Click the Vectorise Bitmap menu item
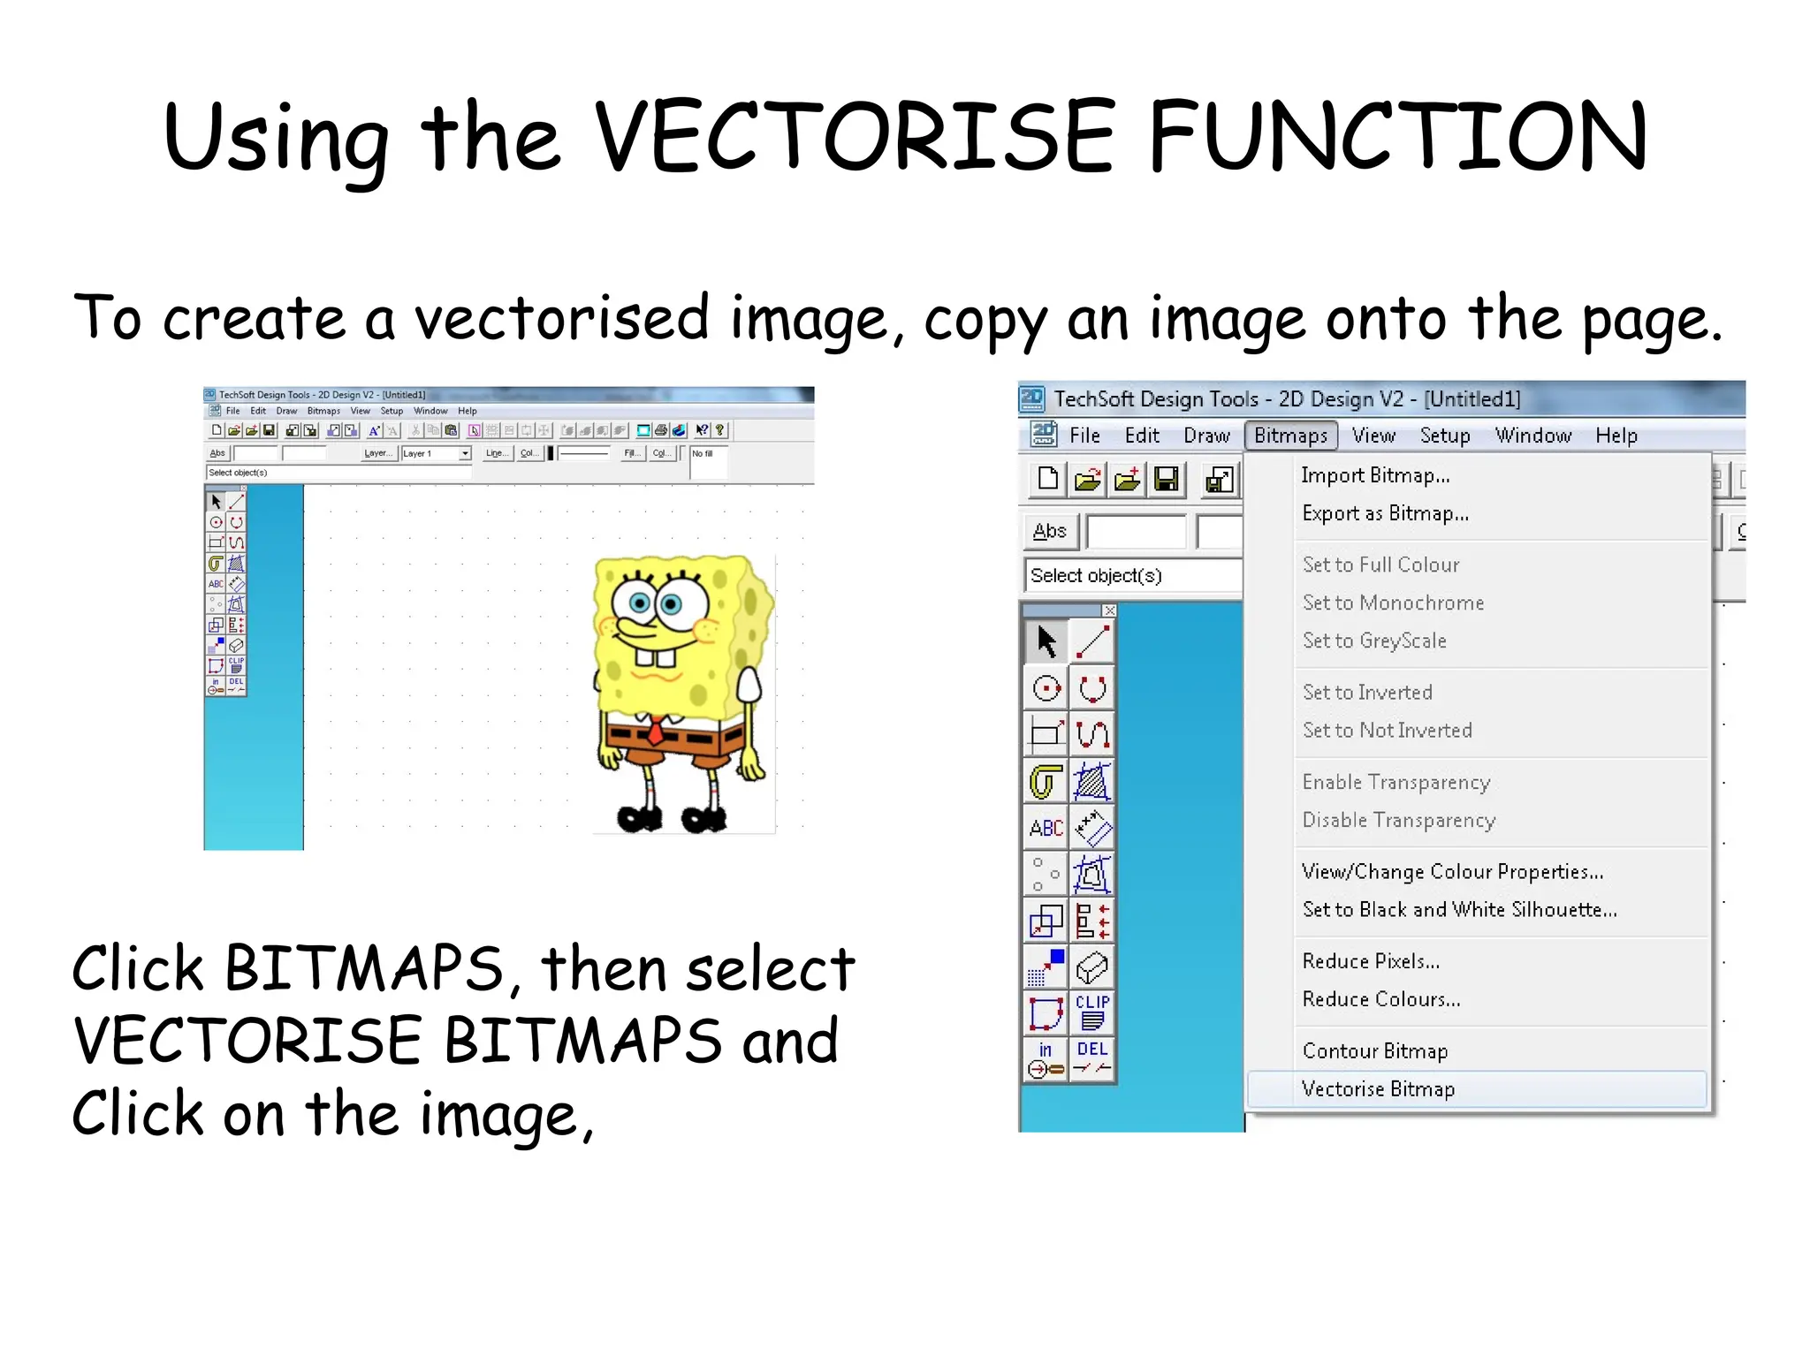coord(1379,1089)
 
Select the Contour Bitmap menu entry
coord(1375,1051)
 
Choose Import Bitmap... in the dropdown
coord(1375,476)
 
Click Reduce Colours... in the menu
coord(1381,999)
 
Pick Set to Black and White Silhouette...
coord(1459,910)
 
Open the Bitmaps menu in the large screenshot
coord(1290,436)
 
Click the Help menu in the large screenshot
coord(1616,436)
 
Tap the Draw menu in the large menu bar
coord(1206,436)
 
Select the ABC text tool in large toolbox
coord(1046,828)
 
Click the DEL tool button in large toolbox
coord(1092,1058)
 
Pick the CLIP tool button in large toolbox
coord(1092,1012)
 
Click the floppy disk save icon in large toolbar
coord(1167,480)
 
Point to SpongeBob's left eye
coord(638,603)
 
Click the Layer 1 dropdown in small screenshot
coord(436,453)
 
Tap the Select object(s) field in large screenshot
coord(1131,576)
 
